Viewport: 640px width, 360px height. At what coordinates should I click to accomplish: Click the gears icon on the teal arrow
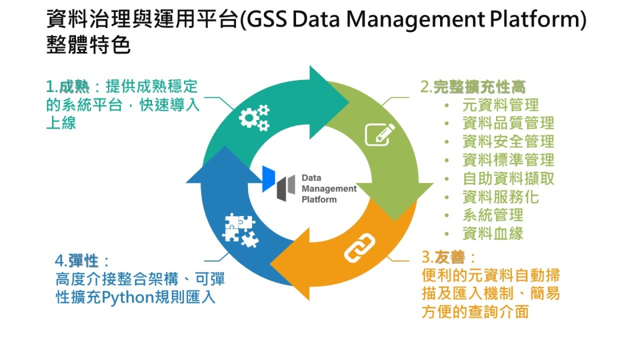pos(253,118)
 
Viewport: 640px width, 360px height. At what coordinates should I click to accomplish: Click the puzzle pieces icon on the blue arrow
pos(239,230)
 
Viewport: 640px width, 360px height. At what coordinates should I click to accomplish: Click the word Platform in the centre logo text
pos(319,199)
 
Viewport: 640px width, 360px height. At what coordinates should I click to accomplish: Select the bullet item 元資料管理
pos(500,105)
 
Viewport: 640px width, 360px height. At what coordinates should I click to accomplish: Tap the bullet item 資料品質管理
pos(508,123)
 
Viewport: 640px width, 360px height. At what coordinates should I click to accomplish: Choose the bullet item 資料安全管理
pos(508,142)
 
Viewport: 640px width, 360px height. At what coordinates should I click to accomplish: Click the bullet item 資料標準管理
pos(508,160)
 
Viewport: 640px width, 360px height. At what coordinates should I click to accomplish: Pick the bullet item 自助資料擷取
pos(508,178)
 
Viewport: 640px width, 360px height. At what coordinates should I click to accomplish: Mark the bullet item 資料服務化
pos(500,197)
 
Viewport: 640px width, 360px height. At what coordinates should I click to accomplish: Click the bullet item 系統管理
pos(493,215)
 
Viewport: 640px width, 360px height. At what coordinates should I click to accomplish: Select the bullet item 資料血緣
pos(493,233)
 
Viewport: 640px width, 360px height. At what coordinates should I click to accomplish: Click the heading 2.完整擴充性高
pos(473,87)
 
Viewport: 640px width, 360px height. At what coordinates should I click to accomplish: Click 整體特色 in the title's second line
pos(88,45)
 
